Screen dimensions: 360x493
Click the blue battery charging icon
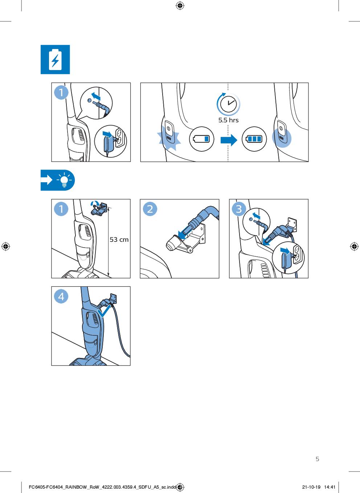[x=55, y=60]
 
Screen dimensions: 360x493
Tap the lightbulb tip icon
[x=64, y=180]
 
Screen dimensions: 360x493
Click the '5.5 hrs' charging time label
[x=228, y=120]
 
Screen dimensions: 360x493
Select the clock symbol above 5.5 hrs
[x=228, y=103]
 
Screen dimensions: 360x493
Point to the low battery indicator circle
[x=201, y=139]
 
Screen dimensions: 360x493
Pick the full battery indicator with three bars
[x=254, y=139]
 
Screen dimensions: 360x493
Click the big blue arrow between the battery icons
[x=229, y=140]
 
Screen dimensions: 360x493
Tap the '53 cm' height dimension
[x=119, y=240]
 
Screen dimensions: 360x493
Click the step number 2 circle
[x=150, y=209]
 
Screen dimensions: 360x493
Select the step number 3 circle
[x=239, y=209]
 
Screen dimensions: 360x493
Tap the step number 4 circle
[x=61, y=296]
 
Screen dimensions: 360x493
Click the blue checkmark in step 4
[x=104, y=311]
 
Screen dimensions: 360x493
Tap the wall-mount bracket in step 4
[x=113, y=299]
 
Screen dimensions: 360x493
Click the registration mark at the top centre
[x=180, y=5]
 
